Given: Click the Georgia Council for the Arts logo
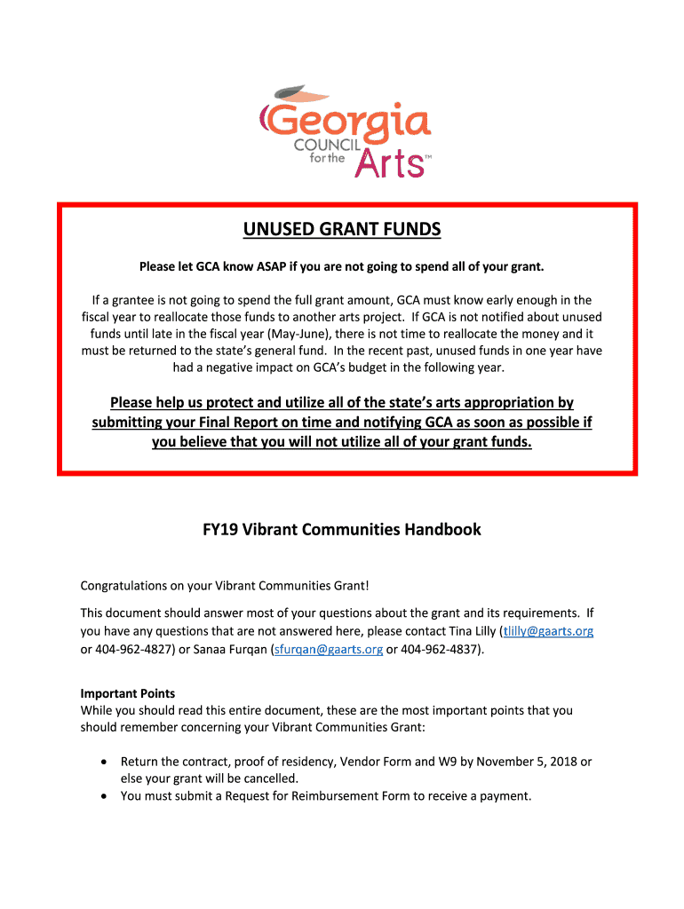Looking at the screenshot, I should pos(346,130).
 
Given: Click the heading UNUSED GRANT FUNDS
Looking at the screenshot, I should pos(342,231).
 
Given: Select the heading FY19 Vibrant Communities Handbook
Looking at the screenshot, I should pos(342,530).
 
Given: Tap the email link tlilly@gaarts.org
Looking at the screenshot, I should pos(547,631).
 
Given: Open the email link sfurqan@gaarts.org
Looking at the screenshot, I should pos(329,649).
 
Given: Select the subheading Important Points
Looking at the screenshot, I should pos(128,693).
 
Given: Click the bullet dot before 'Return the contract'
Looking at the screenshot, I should pos(105,763).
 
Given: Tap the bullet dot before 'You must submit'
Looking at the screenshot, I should pos(105,796).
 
